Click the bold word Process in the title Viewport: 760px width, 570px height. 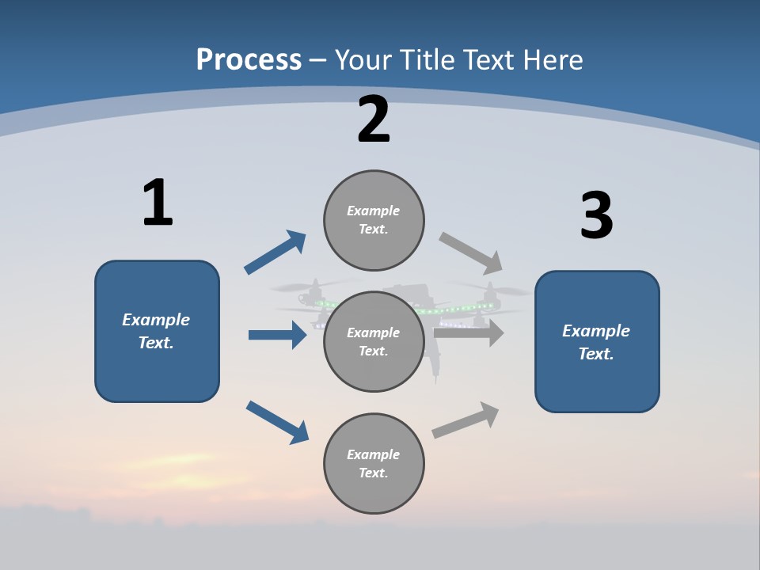tap(249, 60)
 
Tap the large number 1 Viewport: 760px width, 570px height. tap(158, 203)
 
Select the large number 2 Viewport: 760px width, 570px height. tap(374, 120)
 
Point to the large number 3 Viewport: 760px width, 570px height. tap(596, 216)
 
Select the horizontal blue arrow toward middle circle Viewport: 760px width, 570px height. tap(277, 335)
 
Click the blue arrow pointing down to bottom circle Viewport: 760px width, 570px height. tap(277, 422)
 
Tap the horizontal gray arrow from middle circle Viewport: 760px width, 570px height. tap(469, 332)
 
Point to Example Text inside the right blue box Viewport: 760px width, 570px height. tap(596, 342)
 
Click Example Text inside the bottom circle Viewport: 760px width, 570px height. tap(373, 463)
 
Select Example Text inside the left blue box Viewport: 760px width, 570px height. tap(156, 331)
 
